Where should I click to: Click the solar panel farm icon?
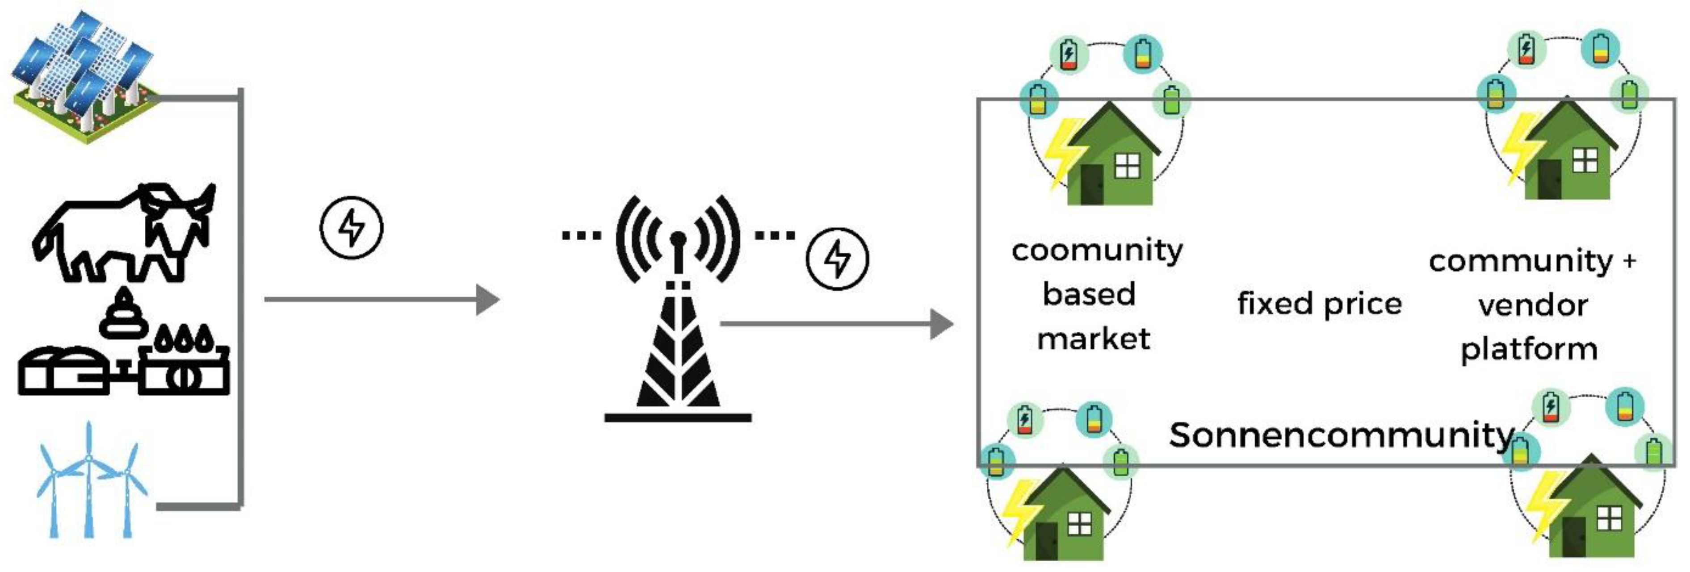click(x=85, y=75)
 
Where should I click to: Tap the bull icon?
click(x=125, y=233)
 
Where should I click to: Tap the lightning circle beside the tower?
click(x=837, y=259)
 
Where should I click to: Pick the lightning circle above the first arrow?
click(x=351, y=227)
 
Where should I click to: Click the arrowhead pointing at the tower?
click(x=487, y=300)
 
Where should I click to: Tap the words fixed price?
click(x=1319, y=304)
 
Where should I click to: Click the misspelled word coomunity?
click(x=1097, y=251)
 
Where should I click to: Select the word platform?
click(x=1529, y=350)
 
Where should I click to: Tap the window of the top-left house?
click(x=1128, y=165)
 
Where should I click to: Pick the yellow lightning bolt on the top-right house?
click(x=1521, y=148)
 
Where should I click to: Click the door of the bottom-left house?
click(x=1047, y=540)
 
